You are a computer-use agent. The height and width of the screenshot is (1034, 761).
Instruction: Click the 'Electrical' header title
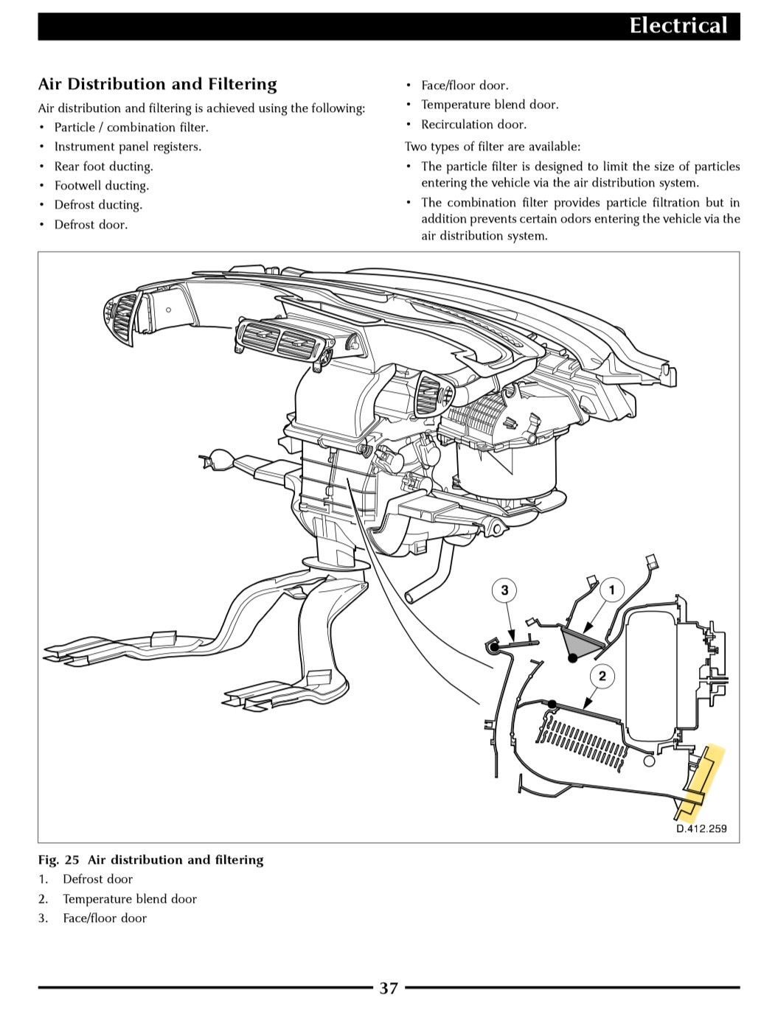(x=678, y=26)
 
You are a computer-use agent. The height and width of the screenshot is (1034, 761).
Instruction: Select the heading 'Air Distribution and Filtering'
(x=157, y=84)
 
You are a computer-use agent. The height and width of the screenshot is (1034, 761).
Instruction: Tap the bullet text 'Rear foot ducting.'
(x=103, y=167)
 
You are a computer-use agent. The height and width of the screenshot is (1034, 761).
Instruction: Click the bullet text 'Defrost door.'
(x=91, y=225)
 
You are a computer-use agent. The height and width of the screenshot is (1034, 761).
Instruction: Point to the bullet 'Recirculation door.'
(x=473, y=125)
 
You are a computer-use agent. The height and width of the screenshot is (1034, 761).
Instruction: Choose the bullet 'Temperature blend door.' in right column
(x=490, y=105)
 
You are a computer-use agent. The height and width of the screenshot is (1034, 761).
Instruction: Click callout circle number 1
(x=611, y=590)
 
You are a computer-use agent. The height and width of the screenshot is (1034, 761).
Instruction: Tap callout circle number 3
(x=504, y=590)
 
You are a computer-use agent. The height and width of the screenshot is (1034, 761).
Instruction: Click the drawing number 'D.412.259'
(x=701, y=828)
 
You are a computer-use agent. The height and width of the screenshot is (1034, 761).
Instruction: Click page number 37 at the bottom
(x=389, y=988)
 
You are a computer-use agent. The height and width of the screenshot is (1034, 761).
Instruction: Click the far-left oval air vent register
(x=122, y=316)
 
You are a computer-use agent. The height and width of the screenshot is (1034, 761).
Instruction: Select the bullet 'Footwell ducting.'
(x=101, y=186)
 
